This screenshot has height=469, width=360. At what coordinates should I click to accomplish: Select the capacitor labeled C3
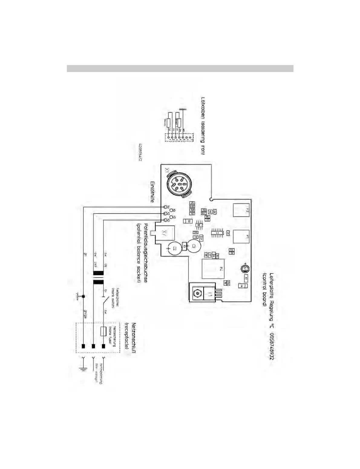(x=194, y=246)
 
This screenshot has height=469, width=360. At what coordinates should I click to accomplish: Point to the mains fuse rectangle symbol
(x=103, y=331)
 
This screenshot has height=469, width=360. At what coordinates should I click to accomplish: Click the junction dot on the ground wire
(x=83, y=297)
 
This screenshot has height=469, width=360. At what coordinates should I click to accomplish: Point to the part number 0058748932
(x=272, y=346)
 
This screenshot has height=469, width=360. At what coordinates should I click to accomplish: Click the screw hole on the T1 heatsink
(x=197, y=293)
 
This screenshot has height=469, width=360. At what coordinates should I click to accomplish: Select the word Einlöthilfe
(x=152, y=192)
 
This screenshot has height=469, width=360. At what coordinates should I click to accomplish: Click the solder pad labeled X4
(x=165, y=207)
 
